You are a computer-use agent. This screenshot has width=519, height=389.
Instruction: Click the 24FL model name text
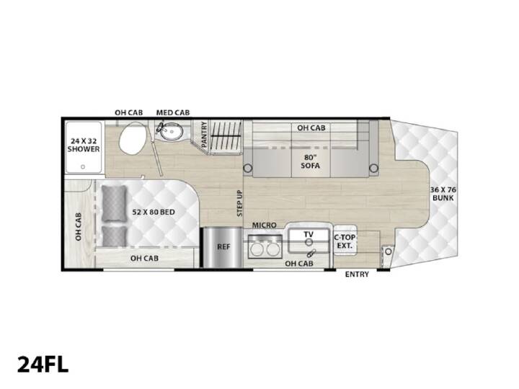(x=43, y=364)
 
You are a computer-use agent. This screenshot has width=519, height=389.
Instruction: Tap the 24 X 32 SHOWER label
(x=84, y=145)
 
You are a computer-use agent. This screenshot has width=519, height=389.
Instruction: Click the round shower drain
(x=83, y=167)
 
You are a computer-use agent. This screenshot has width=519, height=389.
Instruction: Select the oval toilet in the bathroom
(x=131, y=139)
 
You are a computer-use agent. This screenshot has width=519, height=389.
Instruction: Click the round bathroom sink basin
(x=172, y=132)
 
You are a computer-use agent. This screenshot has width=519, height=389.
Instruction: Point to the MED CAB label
(x=173, y=113)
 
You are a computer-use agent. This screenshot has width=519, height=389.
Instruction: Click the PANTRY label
(x=204, y=134)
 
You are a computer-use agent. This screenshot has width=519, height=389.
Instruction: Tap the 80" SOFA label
(x=311, y=161)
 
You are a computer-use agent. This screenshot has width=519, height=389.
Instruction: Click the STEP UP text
(x=239, y=203)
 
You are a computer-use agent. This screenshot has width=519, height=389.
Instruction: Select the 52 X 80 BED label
(x=154, y=212)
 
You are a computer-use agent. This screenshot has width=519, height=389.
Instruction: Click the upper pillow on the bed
(x=114, y=203)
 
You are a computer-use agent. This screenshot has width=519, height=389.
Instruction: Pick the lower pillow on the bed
(x=114, y=236)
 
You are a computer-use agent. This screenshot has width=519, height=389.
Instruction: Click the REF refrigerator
(x=223, y=247)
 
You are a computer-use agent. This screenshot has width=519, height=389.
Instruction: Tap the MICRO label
(x=264, y=225)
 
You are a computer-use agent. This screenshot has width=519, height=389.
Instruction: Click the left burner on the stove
(x=257, y=249)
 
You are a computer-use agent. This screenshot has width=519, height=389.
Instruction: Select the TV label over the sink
(x=309, y=235)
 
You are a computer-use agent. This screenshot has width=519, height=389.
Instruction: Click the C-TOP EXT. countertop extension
(x=345, y=241)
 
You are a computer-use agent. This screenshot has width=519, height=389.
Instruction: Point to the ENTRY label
(x=357, y=274)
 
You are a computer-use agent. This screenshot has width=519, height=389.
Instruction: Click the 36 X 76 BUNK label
(x=443, y=194)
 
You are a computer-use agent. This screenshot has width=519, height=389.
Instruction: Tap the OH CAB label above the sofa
(x=311, y=128)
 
